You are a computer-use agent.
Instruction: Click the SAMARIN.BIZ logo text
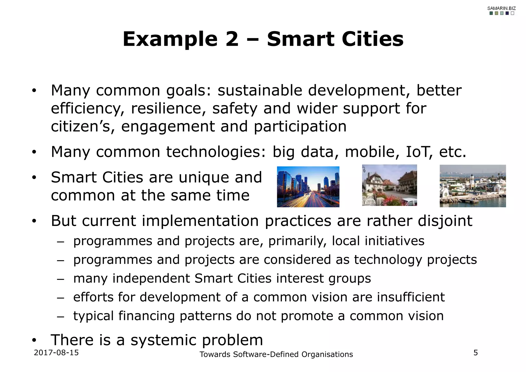[x=501, y=8]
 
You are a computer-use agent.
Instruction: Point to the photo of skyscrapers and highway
[x=308, y=187]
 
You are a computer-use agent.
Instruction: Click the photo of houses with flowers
[x=389, y=185]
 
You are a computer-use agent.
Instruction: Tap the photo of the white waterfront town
[x=473, y=186]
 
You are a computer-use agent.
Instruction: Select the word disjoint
[x=445, y=221]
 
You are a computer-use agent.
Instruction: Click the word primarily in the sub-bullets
[x=297, y=241]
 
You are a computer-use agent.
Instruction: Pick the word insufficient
[x=411, y=297]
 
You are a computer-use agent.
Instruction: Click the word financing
[x=146, y=316]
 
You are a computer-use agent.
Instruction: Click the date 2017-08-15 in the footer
[x=56, y=352]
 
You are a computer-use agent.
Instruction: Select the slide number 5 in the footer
[x=476, y=353]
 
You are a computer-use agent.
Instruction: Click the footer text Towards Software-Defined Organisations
[x=276, y=354]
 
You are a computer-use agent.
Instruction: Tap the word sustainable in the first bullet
[x=260, y=90]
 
